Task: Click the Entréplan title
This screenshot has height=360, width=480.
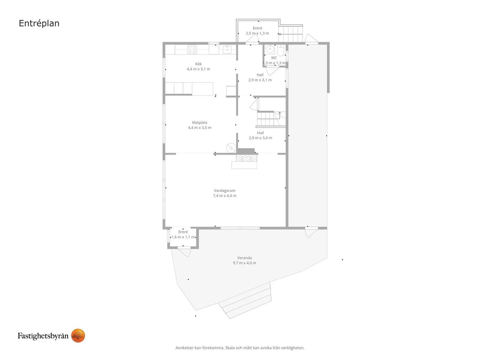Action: pyautogui.click(x=39, y=23)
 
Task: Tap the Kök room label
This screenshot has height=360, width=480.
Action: pyautogui.click(x=198, y=64)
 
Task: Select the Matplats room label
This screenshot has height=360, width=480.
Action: pyautogui.click(x=199, y=122)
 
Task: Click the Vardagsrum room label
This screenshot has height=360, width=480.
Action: pyautogui.click(x=225, y=190)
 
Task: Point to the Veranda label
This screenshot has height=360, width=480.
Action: pyautogui.click(x=244, y=258)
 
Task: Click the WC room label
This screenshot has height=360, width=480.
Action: pyautogui.click(x=274, y=58)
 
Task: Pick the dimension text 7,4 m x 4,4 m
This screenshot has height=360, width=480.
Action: pyautogui.click(x=225, y=196)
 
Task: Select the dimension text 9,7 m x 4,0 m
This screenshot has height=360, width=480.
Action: pyautogui.click(x=244, y=263)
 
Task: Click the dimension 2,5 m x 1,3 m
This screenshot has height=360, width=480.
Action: pyautogui.click(x=257, y=33)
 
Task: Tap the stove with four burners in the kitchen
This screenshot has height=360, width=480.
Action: pyautogui.click(x=192, y=49)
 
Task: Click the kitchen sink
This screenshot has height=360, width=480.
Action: pyautogui.click(x=227, y=49)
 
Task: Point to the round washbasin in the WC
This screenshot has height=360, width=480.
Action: pyautogui.click(x=270, y=49)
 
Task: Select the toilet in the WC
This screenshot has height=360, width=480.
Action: pyautogui.click(x=280, y=51)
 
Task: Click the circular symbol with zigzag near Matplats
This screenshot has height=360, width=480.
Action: pyautogui.click(x=231, y=148)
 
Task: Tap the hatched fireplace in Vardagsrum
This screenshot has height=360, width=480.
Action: pyautogui.click(x=246, y=158)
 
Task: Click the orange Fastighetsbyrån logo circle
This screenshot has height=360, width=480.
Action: pyautogui.click(x=78, y=336)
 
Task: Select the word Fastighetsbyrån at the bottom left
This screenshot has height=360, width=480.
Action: pyautogui.click(x=43, y=336)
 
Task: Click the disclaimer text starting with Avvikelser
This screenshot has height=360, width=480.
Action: pyautogui.click(x=240, y=348)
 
